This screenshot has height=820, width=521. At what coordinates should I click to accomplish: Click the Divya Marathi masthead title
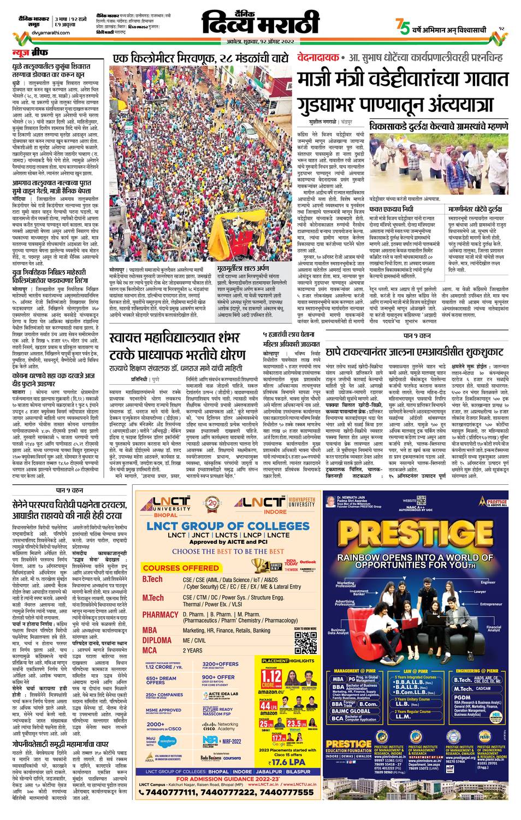pos(259,22)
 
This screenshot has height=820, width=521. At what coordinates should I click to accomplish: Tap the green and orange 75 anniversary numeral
pos(402,26)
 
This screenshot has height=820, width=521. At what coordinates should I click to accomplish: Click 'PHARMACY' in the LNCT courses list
pos(161,615)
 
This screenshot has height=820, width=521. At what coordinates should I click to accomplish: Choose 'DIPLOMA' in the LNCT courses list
pos(157,640)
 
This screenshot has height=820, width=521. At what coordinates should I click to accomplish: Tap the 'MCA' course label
pos(150,650)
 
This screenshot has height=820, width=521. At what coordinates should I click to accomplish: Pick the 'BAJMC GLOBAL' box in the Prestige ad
pos(352,711)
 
